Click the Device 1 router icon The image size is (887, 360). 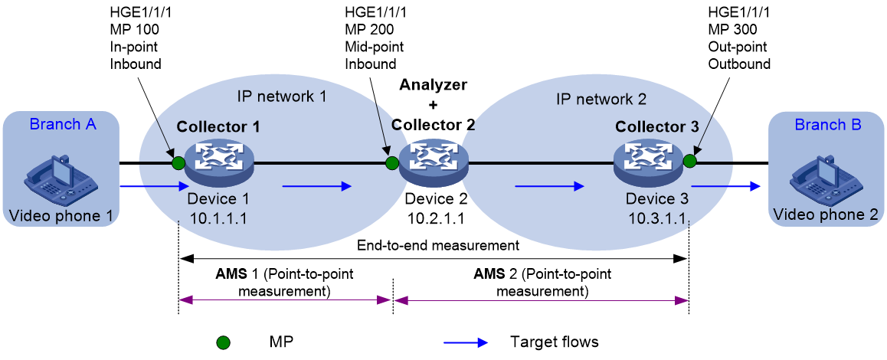[220, 164]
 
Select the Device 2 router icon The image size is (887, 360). [434, 164]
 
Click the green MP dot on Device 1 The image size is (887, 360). [178, 164]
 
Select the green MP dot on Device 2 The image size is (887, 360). [391, 164]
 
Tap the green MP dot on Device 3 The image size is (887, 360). [689, 162]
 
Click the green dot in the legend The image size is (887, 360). [224, 342]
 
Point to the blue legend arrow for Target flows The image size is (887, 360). [466, 342]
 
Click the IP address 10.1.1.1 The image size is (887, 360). [220, 216]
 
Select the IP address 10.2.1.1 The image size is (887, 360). [434, 216]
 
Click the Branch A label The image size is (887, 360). [63, 125]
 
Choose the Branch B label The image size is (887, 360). [828, 125]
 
